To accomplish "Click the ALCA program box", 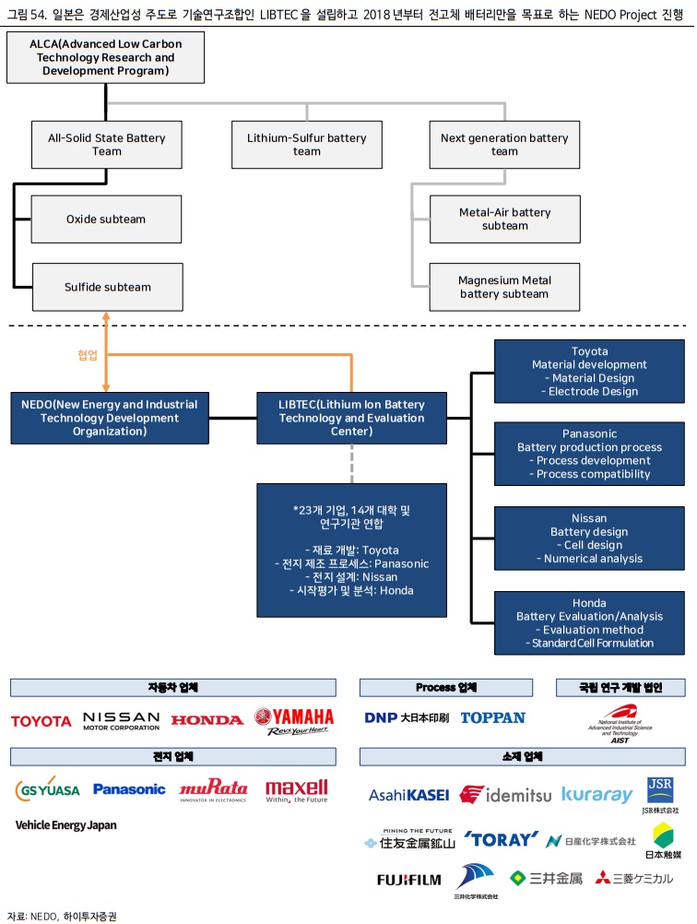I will [x=105, y=57].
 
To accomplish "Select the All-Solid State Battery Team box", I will [x=107, y=145].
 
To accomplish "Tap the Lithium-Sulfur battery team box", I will [x=306, y=145].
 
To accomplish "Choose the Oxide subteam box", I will [x=106, y=219].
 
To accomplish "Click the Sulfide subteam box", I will [x=107, y=287].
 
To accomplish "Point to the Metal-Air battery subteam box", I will [x=504, y=219].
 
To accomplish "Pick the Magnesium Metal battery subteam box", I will [x=504, y=287].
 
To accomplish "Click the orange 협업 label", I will [x=88, y=354].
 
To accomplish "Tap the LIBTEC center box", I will [x=351, y=417].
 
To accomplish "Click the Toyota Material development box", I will [x=589, y=372].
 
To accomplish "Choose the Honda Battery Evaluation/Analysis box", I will [x=589, y=622].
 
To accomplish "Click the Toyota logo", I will [x=41, y=720].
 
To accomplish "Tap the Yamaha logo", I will [x=294, y=720].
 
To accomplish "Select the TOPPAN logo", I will [x=492, y=717].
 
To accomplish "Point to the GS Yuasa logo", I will [x=48, y=789].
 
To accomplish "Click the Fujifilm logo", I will [x=408, y=879].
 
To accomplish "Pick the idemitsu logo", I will [x=505, y=794].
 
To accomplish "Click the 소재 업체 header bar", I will [x=521, y=757].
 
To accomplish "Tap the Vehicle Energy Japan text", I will [x=66, y=825].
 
